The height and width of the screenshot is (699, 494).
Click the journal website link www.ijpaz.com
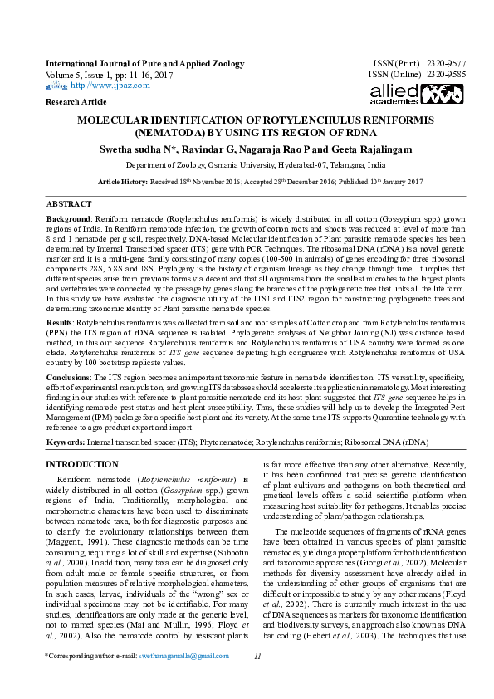[103, 85]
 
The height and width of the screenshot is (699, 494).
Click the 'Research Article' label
[76, 101]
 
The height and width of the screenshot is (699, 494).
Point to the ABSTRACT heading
[69, 203]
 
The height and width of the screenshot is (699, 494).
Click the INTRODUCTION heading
[81, 464]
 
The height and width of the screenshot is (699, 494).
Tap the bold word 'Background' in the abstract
[68, 216]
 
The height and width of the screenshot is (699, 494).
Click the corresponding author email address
[183, 679]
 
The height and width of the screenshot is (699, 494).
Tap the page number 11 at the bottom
[257, 679]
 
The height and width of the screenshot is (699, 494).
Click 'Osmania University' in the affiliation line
[225, 165]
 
